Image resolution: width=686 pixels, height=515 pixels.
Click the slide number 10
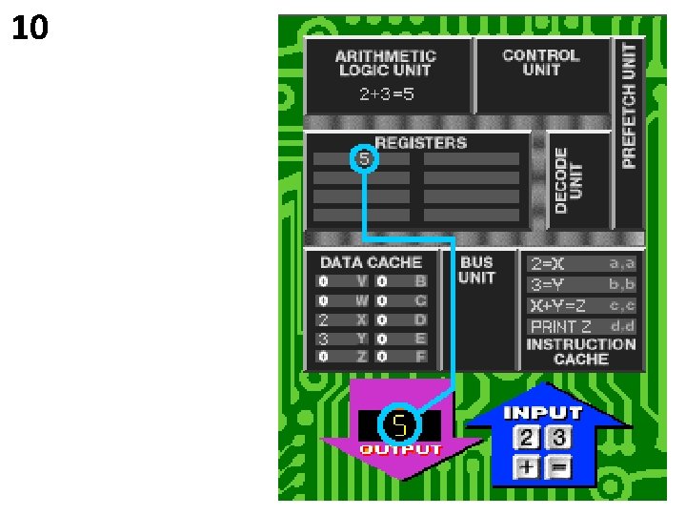click(30, 30)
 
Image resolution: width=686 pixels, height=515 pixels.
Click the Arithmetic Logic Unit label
click(386, 63)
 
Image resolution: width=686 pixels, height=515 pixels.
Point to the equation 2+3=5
click(386, 94)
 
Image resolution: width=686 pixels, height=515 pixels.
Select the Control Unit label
click(540, 63)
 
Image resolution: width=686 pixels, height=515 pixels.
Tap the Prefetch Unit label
click(629, 105)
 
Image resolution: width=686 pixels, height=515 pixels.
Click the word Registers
click(421, 143)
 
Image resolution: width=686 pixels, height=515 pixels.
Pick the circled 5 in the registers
click(364, 158)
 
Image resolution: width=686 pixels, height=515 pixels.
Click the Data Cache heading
click(371, 262)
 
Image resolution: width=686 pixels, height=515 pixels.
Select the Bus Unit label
click(476, 270)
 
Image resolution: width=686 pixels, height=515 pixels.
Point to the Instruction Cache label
click(581, 352)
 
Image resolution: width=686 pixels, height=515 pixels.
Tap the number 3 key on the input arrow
click(558, 438)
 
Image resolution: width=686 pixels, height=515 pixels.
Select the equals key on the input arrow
click(558, 467)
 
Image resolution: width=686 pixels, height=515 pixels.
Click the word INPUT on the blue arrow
click(542, 413)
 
